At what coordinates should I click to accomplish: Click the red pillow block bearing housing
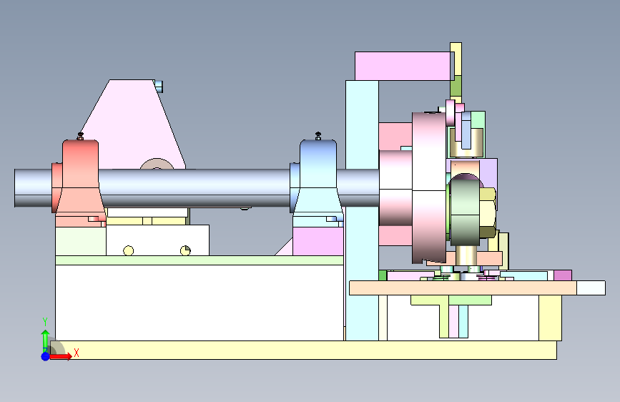click(79, 178)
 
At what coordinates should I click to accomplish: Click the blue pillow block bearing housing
click(316, 178)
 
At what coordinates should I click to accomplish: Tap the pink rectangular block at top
click(403, 66)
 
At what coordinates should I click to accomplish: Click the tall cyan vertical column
click(362, 210)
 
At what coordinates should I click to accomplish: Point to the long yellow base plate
click(304, 350)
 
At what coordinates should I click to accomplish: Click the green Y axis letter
click(45, 322)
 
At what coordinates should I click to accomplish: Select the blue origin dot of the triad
click(46, 356)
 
